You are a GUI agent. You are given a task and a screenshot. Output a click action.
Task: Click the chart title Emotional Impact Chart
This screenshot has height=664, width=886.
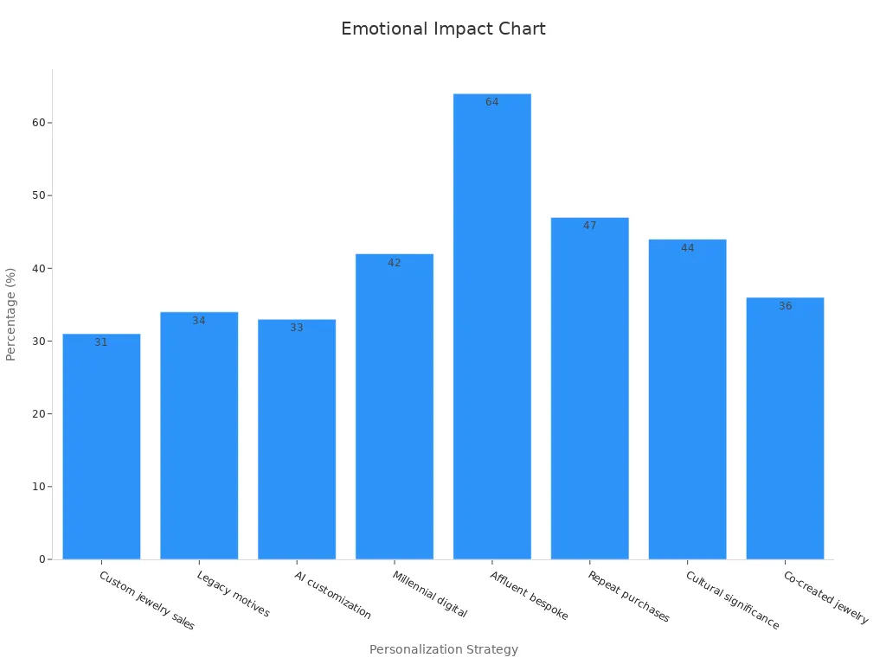pos(443,29)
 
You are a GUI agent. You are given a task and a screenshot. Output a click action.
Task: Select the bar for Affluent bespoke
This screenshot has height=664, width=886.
pos(491,329)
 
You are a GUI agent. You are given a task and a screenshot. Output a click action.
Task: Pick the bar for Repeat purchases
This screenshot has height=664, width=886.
pos(589,389)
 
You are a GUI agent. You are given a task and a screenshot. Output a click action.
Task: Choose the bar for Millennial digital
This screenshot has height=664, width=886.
pos(394,406)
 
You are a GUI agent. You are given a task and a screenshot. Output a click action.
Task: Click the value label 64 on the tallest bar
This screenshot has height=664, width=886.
pos(491,102)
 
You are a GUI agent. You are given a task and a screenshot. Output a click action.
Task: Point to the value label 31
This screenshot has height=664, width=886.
pos(101,342)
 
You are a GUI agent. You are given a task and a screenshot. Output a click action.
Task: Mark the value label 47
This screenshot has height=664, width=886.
pos(589,226)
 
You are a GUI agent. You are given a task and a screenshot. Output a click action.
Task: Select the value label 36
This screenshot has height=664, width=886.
pos(785,306)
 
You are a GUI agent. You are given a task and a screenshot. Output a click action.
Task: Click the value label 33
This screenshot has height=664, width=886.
pos(297,328)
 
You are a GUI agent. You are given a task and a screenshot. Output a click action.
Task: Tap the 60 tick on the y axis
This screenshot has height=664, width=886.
pos(39,123)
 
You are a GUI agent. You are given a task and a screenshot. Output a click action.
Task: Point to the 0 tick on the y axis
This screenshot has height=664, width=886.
pos(42,559)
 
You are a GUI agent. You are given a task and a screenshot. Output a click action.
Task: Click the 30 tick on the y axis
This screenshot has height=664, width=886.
pos(39,341)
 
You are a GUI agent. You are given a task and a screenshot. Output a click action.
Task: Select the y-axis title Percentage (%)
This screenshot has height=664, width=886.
pos(11,314)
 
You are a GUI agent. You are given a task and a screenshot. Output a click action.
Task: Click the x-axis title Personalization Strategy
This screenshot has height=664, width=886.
pos(443,649)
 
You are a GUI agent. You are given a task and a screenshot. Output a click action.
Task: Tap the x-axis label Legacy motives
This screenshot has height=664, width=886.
pos(233,594)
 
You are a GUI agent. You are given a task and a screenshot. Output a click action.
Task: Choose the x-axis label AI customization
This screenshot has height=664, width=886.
pos(332,595)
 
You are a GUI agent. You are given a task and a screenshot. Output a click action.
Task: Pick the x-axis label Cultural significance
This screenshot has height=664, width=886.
pos(732,600)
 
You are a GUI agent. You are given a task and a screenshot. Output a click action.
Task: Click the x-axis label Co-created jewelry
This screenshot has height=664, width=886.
pos(825,597)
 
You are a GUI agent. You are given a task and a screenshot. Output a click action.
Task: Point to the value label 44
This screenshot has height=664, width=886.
pos(687,248)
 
